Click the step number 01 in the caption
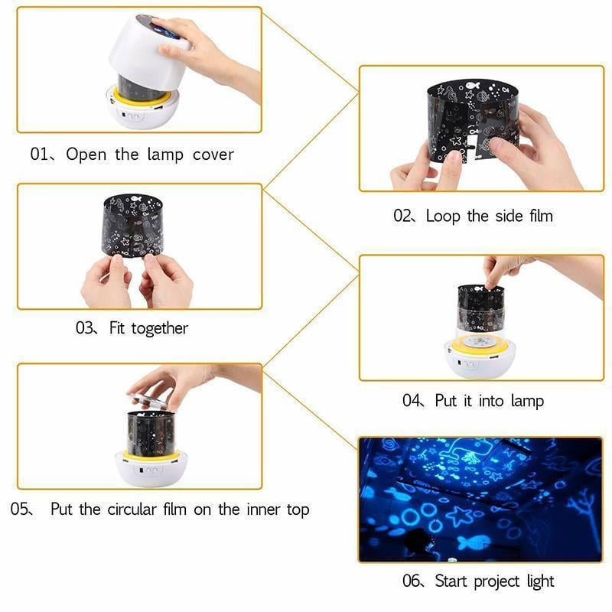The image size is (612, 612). click(x=39, y=155)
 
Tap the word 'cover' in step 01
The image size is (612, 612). click(x=210, y=155)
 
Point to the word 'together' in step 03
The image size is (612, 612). click(x=159, y=328)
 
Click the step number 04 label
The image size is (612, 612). click(x=412, y=400)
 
